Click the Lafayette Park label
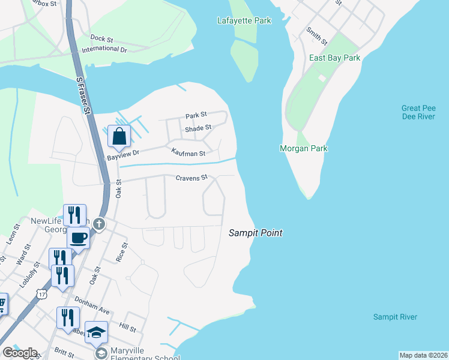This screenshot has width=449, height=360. tap(244, 21)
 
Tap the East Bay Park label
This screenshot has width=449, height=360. tap(334, 58)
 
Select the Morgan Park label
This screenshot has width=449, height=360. tap(304, 148)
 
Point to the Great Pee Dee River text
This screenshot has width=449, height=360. tap(418, 112)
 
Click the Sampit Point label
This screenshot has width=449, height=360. tap(255, 233)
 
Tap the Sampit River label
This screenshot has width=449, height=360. tap(394, 317)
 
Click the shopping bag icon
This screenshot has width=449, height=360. tap(119, 136)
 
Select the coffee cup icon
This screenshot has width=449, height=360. tap(78, 238)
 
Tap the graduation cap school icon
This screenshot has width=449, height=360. tap(96, 332)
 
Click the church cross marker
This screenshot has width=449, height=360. tap(100, 224)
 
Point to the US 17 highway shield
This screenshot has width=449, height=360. tap(41, 293)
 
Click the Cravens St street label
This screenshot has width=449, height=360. tap(191, 178)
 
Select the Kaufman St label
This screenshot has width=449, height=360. tap(188, 154)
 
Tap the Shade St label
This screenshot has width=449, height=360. tap(198, 128)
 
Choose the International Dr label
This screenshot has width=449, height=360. tap(104, 49)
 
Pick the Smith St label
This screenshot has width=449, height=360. tap(316, 36)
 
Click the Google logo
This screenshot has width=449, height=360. tap(19, 353)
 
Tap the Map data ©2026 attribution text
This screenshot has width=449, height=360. tap(423, 355)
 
